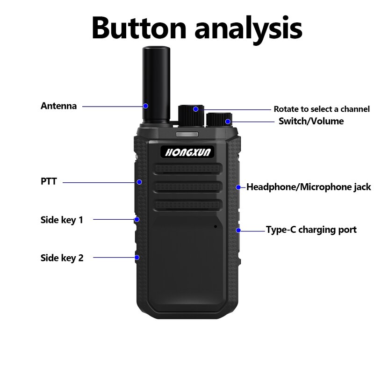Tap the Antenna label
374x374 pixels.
click(x=58, y=106)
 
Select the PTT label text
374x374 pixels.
click(x=49, y=181)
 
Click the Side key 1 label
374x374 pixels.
click(x=62, y=219)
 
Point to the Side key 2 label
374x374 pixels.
click(x=62, y=257)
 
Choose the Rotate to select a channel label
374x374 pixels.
click(x=321, y=109)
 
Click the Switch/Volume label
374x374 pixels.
click(x=311, y=121)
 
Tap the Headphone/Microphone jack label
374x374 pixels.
click(x=309, y=187)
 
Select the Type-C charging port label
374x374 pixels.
click(x=311, y=230)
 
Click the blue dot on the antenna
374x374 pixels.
click(x=145, y=106)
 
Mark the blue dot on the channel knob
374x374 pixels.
click(x=196, y=109)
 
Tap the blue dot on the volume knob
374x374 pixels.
click(x=228, y=122)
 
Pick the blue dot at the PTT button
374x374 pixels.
click(x=139, y=182)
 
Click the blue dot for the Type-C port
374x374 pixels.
click(x=238, y=230)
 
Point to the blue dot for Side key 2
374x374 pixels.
click(x=137, y=257)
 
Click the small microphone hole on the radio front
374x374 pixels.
click(x=216, y=226)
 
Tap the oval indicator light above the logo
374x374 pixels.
click(x=187, y=135)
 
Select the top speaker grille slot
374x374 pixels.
click(x=187, y=169)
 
